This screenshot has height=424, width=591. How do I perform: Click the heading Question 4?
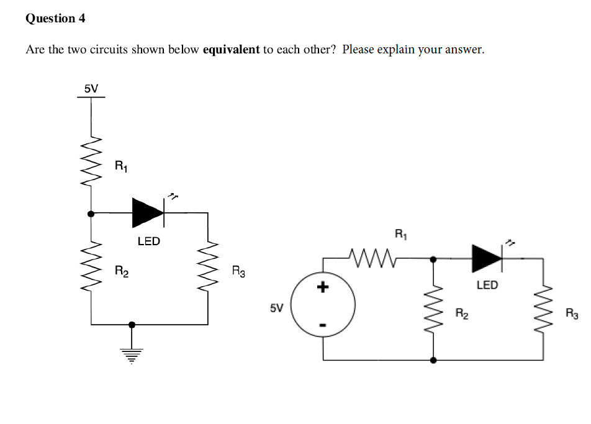coord(55,18)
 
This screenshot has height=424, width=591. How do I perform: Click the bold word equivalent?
coord(231,50)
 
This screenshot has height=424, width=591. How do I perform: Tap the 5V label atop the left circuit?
coord(91,88)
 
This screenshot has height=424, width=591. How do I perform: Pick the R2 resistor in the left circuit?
coord(92,271)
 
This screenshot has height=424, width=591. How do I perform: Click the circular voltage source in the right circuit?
coord(323,306)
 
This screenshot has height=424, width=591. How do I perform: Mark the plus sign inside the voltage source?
coord(322,287)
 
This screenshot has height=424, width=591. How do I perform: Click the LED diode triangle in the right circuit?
coord(487,258)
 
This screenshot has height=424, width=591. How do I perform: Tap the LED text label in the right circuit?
coord(487,285)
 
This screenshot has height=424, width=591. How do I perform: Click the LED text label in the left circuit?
coord(148,241)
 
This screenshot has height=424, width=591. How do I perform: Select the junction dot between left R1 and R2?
coord(92,213)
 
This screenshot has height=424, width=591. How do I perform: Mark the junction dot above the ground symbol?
coord(131,324)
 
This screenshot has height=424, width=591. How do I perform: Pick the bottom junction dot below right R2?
coord(433,359)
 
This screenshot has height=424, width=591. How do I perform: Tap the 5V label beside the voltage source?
coord(276,307)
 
